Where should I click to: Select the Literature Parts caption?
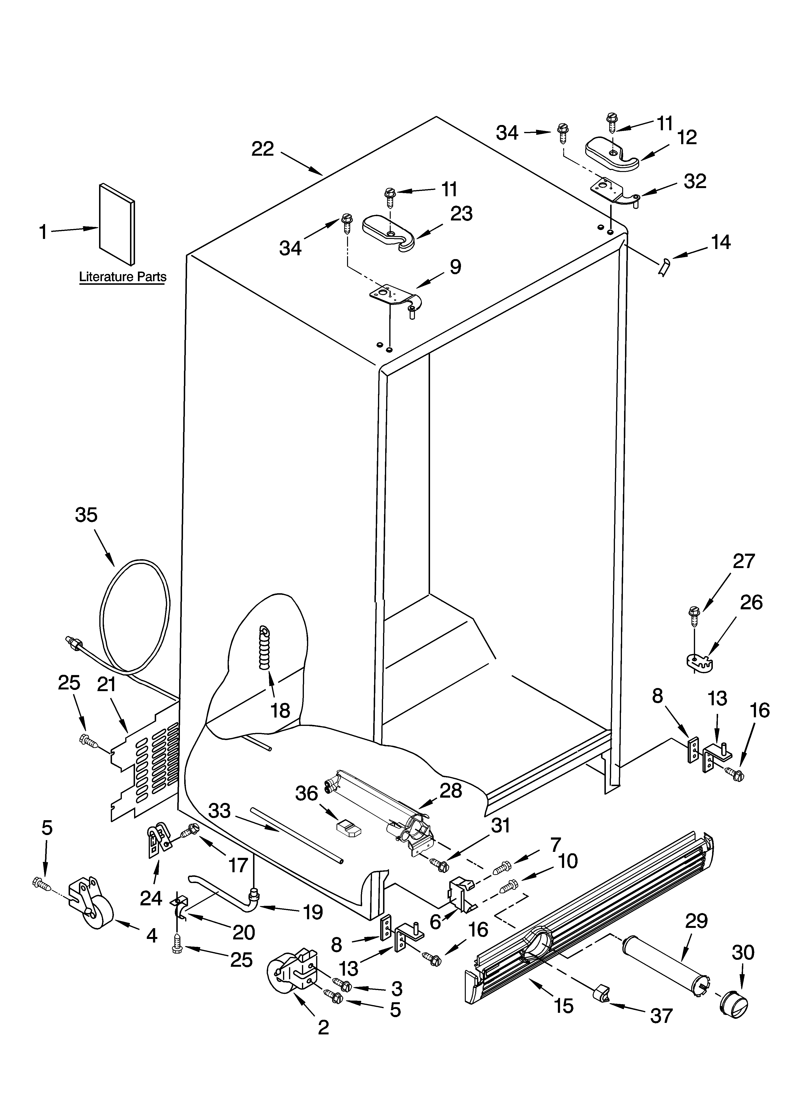point(123,277)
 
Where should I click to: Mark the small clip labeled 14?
point(664,268)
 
